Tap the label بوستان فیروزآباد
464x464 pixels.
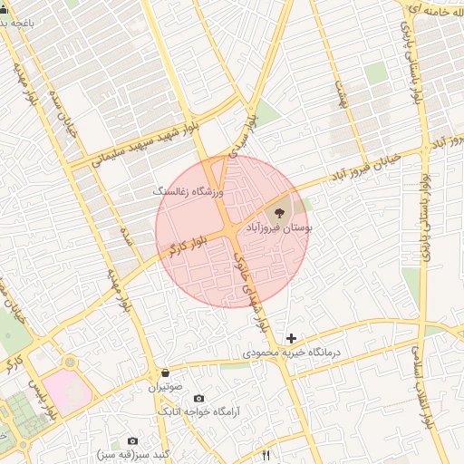(x=279, y=230)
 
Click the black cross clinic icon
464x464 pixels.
(x=291, y=338)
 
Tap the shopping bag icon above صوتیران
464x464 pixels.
(x=165, y=372)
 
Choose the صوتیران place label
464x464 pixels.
(x=166, y=386)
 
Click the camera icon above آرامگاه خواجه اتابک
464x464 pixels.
(x=198, y=399)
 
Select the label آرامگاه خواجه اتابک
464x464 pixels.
(x=198, y=412)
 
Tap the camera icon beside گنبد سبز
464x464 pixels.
(x=133, y=440)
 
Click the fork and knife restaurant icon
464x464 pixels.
(x=266, y=455)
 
